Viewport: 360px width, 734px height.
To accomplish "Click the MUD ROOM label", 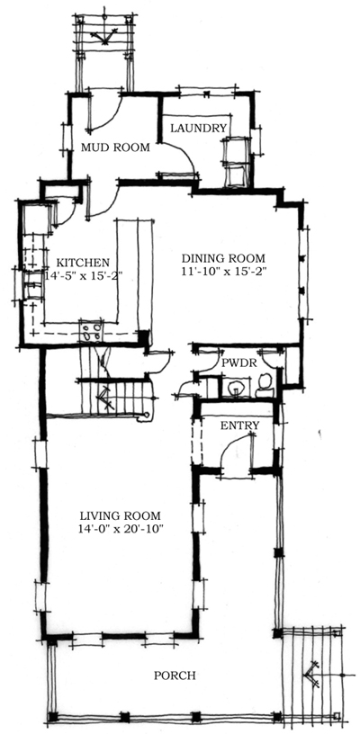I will (114, 148).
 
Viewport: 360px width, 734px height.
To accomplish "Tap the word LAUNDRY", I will (198, 128).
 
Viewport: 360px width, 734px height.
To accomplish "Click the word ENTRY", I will (239, 425).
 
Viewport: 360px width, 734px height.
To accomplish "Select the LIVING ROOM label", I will (120, 515).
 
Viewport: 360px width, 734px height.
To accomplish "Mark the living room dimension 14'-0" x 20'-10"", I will (120, 529).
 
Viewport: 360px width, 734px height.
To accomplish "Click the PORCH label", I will (174, 675).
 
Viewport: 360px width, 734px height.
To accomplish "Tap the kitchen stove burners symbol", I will (91, 332).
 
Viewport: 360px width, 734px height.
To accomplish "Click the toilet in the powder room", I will (264, 387).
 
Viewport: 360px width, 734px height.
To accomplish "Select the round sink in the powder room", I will (236, 388).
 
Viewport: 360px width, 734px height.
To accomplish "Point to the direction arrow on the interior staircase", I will (105, 393).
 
